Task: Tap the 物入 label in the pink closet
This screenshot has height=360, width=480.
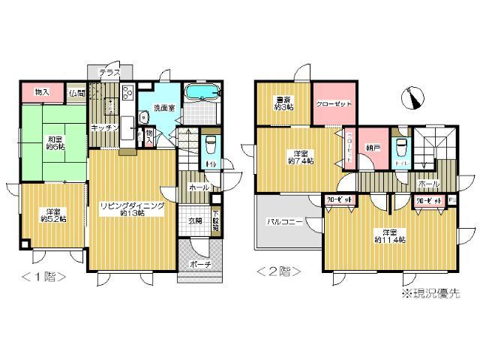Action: click(x=43, y=92)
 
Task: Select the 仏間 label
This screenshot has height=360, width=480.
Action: click(x=76, y=93)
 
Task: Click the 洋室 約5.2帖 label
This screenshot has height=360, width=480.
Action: click(x=52, y=214)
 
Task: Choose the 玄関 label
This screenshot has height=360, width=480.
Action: click(x=196, y=220)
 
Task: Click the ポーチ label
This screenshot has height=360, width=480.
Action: click(x=199, y=264)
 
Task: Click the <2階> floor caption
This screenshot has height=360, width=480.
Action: click(x=279, y=271)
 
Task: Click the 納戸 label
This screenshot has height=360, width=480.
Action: click(x=373, y=148)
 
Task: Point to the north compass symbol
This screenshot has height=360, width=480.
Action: click(x=412, y=97)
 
